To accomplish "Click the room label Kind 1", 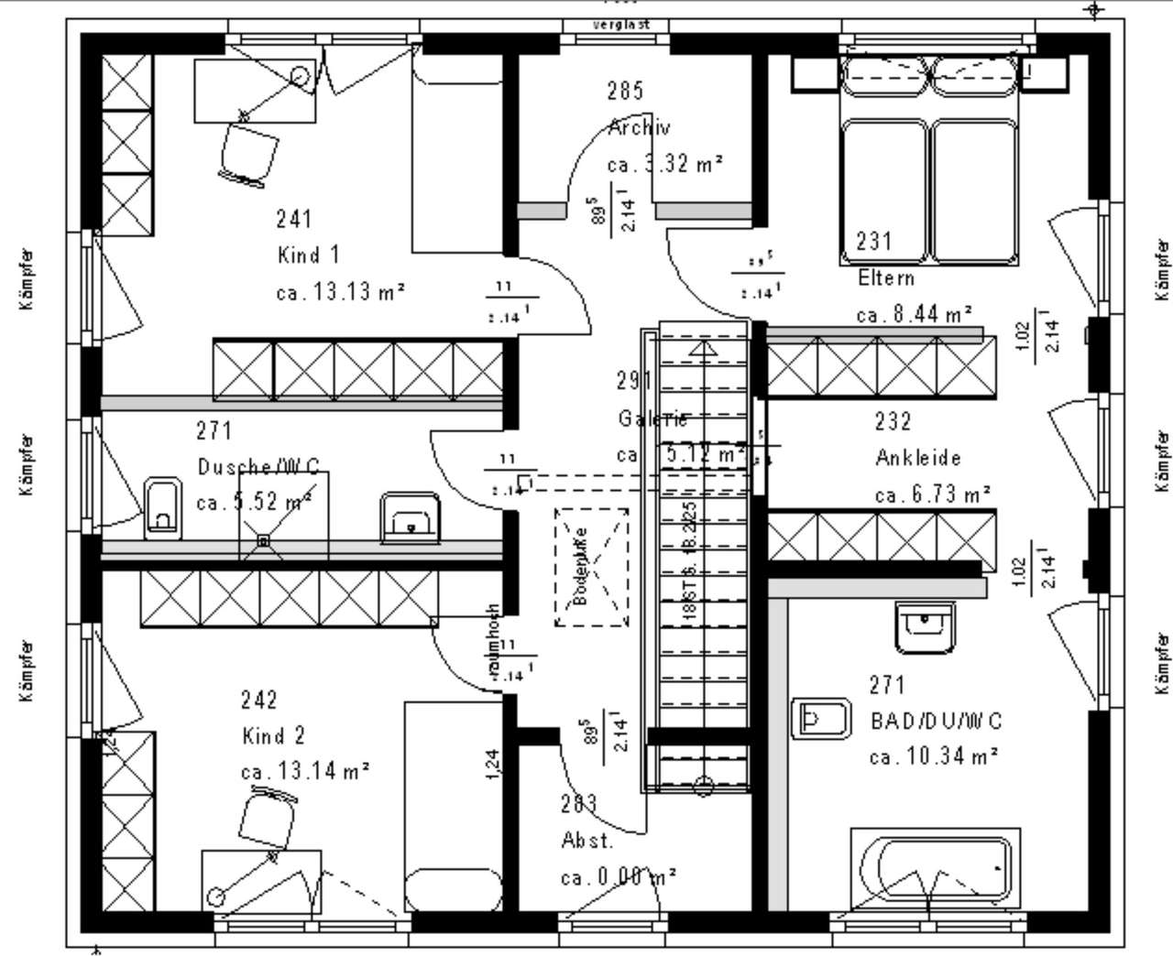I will click(308, 255).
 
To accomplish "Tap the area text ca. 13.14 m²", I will click(305, 772).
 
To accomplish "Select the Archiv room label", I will click(640, 127).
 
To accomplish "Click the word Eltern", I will click(886, 277).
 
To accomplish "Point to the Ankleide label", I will click(918, 457).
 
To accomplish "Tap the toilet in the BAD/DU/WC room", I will click(825, 720).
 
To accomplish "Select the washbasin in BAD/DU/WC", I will click(925, 627).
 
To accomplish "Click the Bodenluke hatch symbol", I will click(591, 567).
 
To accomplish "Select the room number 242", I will click(258, 701).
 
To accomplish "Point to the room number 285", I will click(625, 91).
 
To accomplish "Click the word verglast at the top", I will click(621, 25).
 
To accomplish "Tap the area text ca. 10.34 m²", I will click(934, 756).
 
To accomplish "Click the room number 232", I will click(893, 421).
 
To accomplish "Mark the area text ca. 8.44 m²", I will click(914, 314).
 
